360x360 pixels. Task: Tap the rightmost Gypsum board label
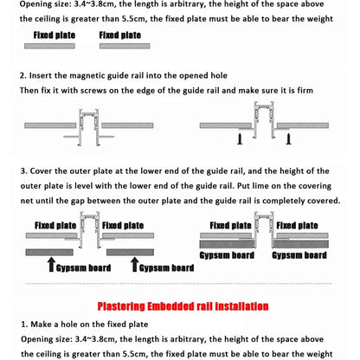299,256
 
